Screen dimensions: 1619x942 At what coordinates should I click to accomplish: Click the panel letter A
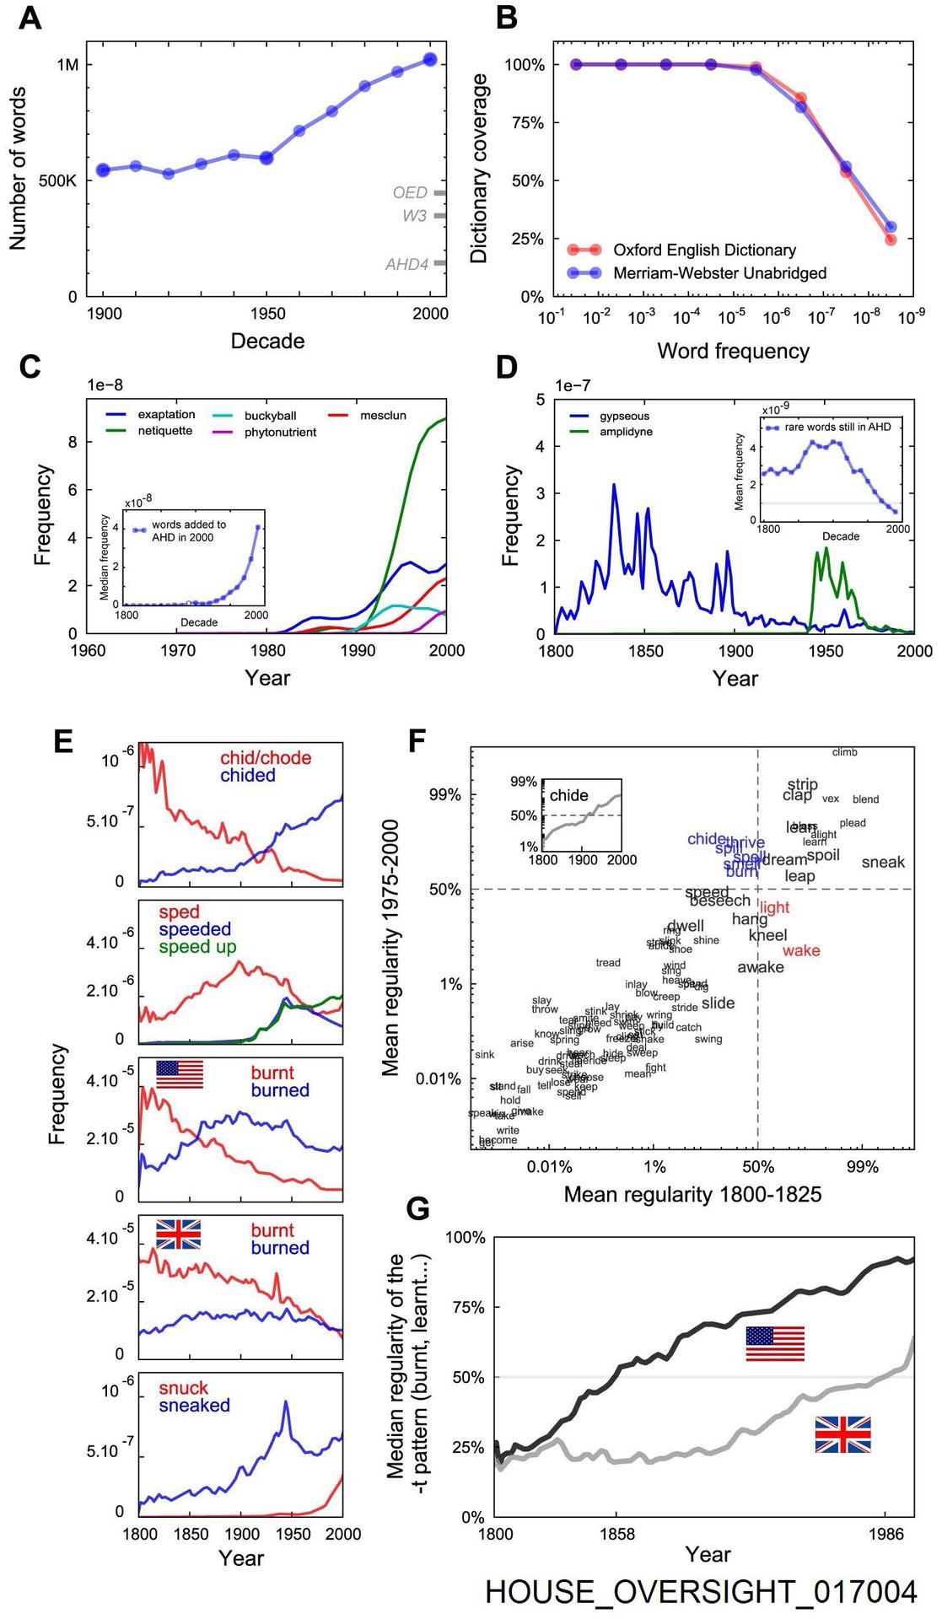click(x=30, y=18)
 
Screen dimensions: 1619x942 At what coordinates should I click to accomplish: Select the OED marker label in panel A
click(x=410, y=192)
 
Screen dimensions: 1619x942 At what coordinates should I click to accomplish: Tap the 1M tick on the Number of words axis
click(x=67, y=65)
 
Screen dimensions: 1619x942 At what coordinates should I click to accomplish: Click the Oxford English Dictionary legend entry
click(x=703, y=250)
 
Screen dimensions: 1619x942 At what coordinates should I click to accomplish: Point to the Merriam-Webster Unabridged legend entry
click(x=719, y=273)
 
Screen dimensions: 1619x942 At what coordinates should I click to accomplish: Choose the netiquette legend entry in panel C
click(x=164, y=431)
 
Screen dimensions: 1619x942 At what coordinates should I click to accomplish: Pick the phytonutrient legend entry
click(x=280, y=433)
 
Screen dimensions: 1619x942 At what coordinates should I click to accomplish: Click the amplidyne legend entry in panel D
click(x=626, y=432)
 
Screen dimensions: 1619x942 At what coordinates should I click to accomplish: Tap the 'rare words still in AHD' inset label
click(x=837, y=427)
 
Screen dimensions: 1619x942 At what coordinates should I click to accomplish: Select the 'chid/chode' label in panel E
click(x=266, y=758)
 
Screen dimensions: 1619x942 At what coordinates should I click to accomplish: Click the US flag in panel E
click(x=180, y=1074)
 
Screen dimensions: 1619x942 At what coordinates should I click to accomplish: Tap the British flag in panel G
click(x=842, y=1434)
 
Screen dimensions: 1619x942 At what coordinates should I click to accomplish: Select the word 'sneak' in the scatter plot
click(x=883, y=862)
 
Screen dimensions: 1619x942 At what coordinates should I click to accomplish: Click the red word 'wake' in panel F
click(x=800, y=950)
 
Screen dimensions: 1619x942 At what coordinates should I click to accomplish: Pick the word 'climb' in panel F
click(x=844, y=752)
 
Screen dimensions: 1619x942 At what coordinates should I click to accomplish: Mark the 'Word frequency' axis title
click(x=733, y=351)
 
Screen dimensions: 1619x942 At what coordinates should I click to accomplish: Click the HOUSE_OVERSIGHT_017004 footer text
click(x=701, y=1591)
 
